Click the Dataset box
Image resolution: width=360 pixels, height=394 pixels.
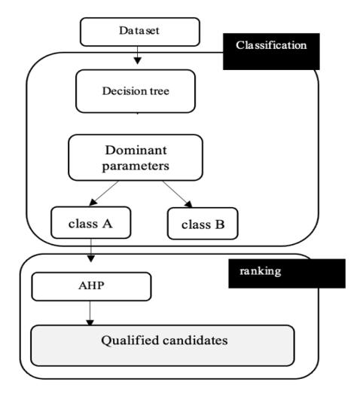140,32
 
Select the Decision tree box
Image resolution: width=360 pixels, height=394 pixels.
136,91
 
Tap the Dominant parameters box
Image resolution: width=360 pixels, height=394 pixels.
136,157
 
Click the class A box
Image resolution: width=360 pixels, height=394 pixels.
91,223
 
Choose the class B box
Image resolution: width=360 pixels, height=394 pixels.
203,224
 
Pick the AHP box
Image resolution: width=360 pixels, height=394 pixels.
91,286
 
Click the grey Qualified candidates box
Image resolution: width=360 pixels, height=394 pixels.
163,346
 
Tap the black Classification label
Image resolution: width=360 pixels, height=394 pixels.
271,51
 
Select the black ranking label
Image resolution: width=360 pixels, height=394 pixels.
287,273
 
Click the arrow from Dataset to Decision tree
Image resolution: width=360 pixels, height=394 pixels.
137,55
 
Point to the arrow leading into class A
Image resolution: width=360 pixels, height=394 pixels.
103,193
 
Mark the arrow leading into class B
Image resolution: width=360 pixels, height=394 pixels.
177,194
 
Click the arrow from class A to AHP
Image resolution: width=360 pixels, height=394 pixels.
90,251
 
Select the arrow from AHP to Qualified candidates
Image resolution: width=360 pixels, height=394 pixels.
90,313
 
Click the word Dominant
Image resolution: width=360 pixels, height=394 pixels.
136,150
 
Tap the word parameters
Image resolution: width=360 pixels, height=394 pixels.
136,166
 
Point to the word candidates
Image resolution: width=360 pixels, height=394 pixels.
195,341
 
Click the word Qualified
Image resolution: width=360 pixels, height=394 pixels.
130,341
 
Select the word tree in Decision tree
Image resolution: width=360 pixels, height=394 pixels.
160,91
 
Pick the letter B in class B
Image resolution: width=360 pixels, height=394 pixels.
220,224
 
